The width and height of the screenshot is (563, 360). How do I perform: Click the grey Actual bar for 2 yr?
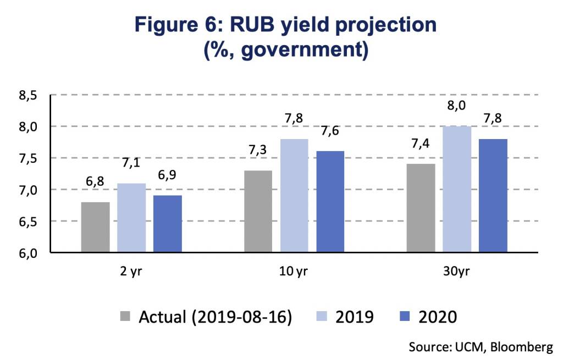[x=96, y=227]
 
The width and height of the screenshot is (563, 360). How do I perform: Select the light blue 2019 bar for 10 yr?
[x=294, y=196]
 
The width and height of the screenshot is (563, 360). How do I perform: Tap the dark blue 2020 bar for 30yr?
[x=493, y=196]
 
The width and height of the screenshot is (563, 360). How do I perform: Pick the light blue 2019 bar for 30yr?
[x=457, y=189]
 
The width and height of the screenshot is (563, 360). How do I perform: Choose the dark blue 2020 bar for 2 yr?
[x=168, y=224]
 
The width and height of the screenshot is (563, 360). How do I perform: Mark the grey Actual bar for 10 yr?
[x=258, y=211]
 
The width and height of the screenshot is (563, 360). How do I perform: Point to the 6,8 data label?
[x=95, y=181]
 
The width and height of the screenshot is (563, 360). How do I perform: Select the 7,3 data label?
[x=258, y=150]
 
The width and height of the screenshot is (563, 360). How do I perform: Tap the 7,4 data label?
[x=421, y=144]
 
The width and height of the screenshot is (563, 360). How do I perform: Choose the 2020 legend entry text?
[x=438, y=317]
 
